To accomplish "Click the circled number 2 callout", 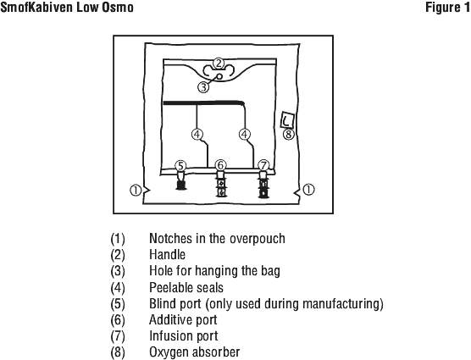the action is click(x=219, y=64).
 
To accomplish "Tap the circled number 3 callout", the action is click(x=203, y=87).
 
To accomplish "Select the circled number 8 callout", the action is click(x=289, y=134).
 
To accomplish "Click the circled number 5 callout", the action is click(x=180, y=166).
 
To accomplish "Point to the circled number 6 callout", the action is click(x=220, y=165).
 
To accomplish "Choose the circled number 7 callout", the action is click(x=263, y=165).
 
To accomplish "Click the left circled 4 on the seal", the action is click(x=197, y=134).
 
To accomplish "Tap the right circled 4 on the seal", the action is click(x=245, y=134).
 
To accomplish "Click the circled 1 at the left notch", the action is click(x=136, y=190).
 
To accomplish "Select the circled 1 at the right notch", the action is click(x=308, y=190).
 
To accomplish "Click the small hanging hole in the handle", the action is click(x=220, y=76).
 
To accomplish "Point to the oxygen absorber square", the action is click(x=287, y=120).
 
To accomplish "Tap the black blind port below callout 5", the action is click(x=180, y=180).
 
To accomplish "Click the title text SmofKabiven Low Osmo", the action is click(x=67, y=8).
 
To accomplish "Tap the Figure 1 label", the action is click(x=447, y=8).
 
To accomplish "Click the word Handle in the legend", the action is click(x=168, y=255).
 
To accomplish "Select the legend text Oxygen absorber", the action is click(x=195, y=352).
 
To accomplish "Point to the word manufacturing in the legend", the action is click(x=341, y=303).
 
